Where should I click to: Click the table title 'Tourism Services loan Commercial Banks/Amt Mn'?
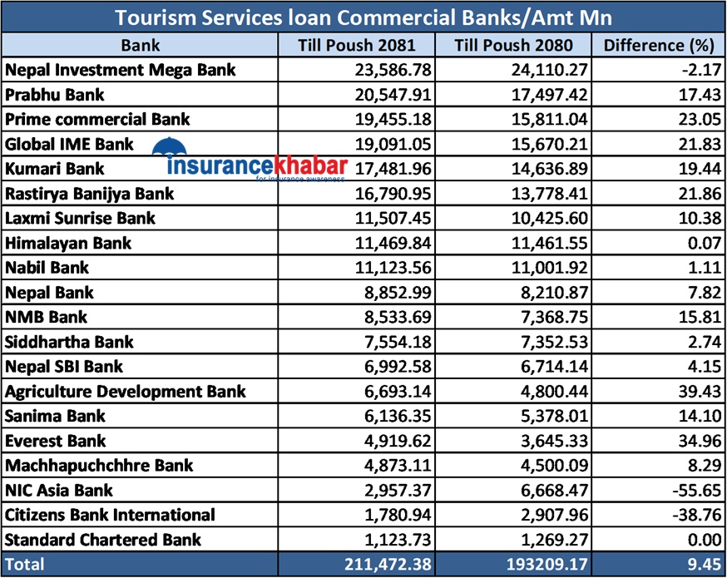363,17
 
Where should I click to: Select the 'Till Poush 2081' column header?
356,45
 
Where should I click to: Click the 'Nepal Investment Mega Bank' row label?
121,70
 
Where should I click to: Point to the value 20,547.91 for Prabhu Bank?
388,95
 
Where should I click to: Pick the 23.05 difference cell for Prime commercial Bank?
695,119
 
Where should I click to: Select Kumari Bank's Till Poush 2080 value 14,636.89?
541,169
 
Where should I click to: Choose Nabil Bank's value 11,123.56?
388,268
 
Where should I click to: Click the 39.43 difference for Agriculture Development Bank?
695,391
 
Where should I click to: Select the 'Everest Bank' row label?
56,441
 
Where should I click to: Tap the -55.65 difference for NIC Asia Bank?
692,490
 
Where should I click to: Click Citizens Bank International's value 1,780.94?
393,515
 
